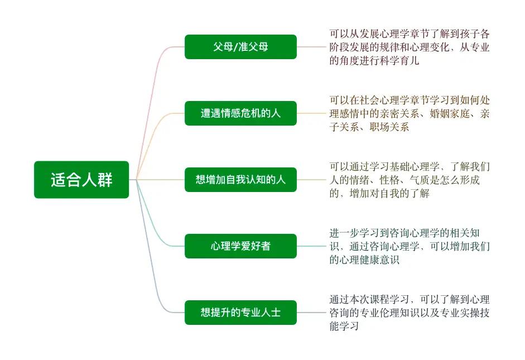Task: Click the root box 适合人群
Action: pos(81,180)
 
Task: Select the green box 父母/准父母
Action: pos(240,47)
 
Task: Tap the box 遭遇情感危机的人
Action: pos(240,113)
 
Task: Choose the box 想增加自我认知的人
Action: pos(240,180)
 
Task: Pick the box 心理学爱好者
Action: pos(240,246)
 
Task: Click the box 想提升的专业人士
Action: pos(240,313)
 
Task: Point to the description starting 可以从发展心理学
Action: pos(410,47)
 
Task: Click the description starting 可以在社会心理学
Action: pos(410,113)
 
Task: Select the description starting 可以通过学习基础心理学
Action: pos(410,180)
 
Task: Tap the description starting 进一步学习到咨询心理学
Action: pos(410,246)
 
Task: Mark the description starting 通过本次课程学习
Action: pos(410,313)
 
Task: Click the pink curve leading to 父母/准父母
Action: pos(151,100)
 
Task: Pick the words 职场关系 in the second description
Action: pos(389,127)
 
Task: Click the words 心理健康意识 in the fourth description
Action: pos(369,260)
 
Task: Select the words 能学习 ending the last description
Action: pos(344,326)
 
